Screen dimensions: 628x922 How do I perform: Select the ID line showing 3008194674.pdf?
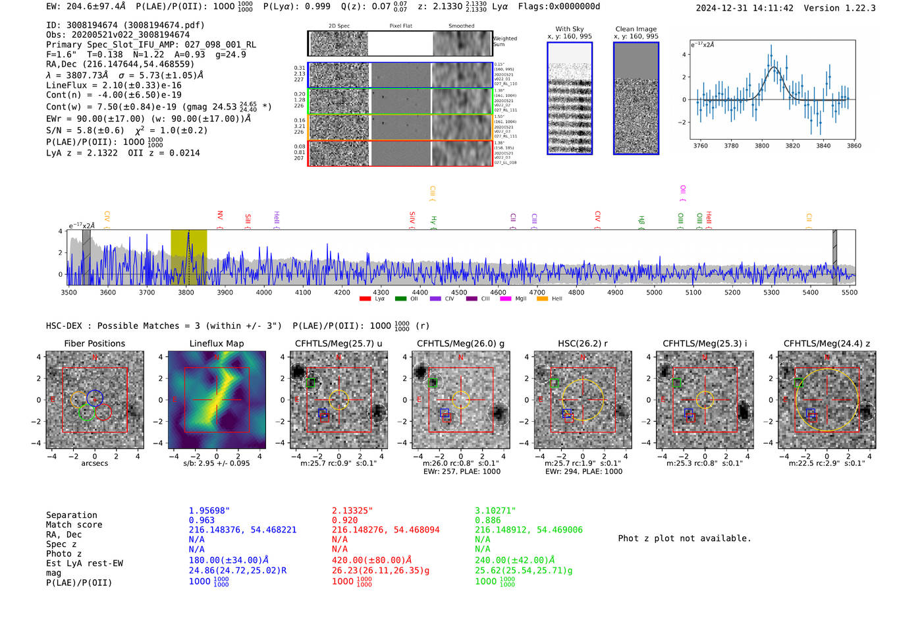click(x=125, y=25)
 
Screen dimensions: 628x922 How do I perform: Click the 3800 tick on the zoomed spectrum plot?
click(x=762, y=146)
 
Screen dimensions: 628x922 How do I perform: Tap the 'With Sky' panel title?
click(x=570, y=29)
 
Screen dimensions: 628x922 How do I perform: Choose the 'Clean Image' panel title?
click(x=636, y=29)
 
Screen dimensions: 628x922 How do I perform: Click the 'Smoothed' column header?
click(x=461, y=26)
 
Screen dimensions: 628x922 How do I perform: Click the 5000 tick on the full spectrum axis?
click(x=654, y=292)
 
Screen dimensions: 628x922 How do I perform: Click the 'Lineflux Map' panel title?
click(x=217, y=343)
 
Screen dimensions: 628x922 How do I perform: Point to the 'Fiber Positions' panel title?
click(x=95, y=343)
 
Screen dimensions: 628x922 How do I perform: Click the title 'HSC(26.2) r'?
click(x=583, y=343)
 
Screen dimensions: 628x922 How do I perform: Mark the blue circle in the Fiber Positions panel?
click(x=95, y=398)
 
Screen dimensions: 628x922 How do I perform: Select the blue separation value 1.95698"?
click(x=209, y=511)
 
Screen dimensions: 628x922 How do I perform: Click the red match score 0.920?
click(x=345, y=521)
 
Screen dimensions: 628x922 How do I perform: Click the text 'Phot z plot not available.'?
click(x=684, y=538)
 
